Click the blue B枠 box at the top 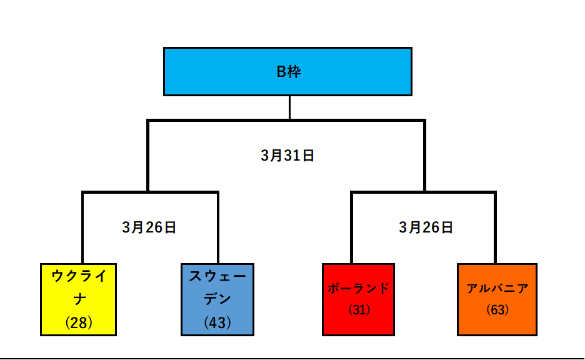tap(287, 72)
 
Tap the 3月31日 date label tap(287, 156)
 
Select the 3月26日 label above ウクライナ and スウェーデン tap(149, 227)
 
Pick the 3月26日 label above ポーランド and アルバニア tap(426, 227)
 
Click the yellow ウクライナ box tap(78, 299)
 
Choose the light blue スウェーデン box tap(217, 299)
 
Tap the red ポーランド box tap(358, 299)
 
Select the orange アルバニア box tap(497, 299)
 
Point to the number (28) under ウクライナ tap(79, 322)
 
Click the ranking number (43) tap(217, 322)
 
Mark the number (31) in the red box tap(359, 309)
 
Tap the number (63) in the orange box tap(497, 309)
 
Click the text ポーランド tap(359, 288)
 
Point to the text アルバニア tap(497, 288)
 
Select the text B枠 tap(288, 72)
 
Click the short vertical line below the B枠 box tap(289, 108)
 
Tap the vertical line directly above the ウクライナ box tap(82, 227)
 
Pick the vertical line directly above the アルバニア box tap(495, 227)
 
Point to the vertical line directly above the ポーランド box tap(351, 227)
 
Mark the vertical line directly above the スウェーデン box tap(218, 227)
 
